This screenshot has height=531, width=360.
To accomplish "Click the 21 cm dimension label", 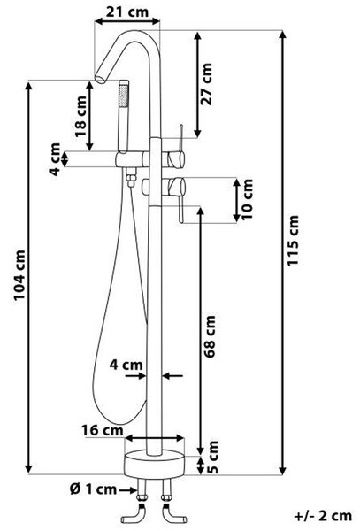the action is coord(127,12).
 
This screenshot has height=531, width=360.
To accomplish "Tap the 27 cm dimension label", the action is coord(206,84).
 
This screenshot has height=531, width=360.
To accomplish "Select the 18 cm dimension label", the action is coord(80,117).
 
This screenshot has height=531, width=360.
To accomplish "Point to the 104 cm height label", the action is coord(19,275).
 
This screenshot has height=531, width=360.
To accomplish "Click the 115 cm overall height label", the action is coord(293,241).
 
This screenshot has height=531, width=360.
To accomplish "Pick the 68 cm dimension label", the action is coord(209,336).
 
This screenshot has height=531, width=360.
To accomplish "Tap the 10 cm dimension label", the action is coord(247,199).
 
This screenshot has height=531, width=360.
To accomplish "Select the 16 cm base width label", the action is coord(103,430).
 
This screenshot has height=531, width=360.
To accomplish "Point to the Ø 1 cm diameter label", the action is coord(94,489).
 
